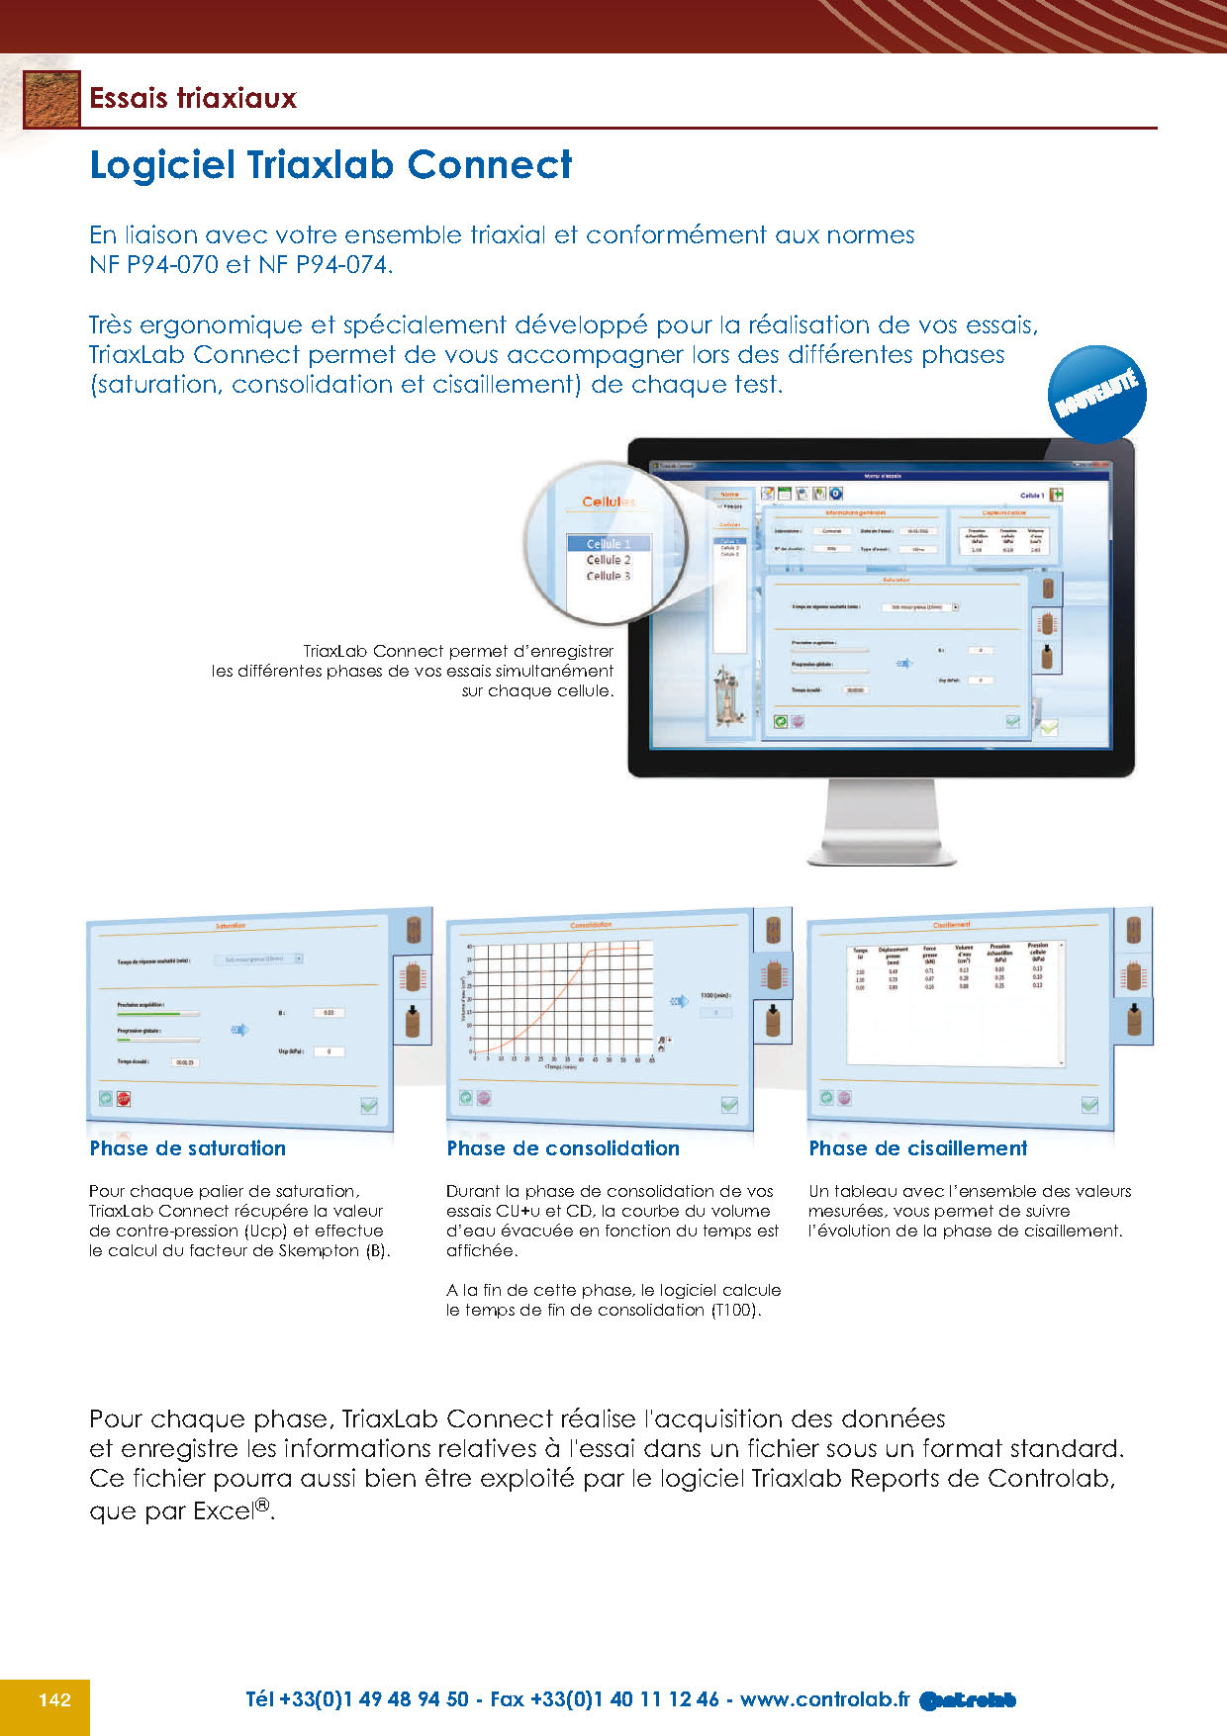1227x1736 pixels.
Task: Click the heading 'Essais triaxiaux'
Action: tap(193, 98)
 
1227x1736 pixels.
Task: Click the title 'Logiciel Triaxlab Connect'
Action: tap(330, 164)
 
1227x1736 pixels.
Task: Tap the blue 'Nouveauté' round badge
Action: tap(1096, 394)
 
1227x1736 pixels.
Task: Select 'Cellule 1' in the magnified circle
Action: tap(608, 544)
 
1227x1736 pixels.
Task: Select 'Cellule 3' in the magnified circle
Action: tap(608, 576)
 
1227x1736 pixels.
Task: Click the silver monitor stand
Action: tap(882, 821)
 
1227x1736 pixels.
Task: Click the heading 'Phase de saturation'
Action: tap(187, 1148)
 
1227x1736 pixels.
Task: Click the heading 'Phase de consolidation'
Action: tap(562, 1148)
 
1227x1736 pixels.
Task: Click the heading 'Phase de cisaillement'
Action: tap(917, 1148)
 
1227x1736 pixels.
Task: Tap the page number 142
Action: tap(54, 1699)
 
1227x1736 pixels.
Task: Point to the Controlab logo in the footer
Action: tap(968, 1700)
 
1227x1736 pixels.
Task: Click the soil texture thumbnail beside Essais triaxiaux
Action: tap(51, 99)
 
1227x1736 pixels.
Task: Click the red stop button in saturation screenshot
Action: tap(124, 1098)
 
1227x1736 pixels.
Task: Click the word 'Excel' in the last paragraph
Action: tap(224, 1511)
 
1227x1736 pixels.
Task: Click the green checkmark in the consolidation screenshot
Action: tap(729, 1105)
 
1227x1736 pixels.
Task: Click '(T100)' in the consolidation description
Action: tap(734, 1311)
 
